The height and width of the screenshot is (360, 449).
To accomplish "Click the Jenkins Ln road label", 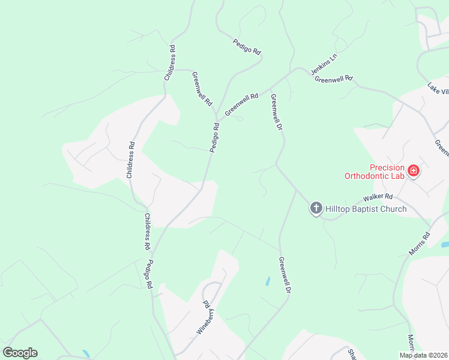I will click(x=325, y=63).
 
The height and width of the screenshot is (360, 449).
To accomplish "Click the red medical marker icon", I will click(x=413, y=172).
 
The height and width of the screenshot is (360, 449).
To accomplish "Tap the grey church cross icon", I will click(x=316, y=209).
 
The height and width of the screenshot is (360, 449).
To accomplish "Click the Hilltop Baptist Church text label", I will click(x=366, y=209).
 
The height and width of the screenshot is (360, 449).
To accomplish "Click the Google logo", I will click(x=20, y=353).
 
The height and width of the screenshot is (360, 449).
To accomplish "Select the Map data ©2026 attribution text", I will click(x=423, y=355).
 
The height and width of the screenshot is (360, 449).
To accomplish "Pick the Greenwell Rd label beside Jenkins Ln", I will click(x=333, y=79).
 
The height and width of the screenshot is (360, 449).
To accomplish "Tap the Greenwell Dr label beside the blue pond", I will click(x=285, y=275).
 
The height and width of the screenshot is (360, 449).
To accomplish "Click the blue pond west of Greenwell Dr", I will click(x=267, y=281).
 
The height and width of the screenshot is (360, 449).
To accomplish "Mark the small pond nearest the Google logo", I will click(x=86, y=353).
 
